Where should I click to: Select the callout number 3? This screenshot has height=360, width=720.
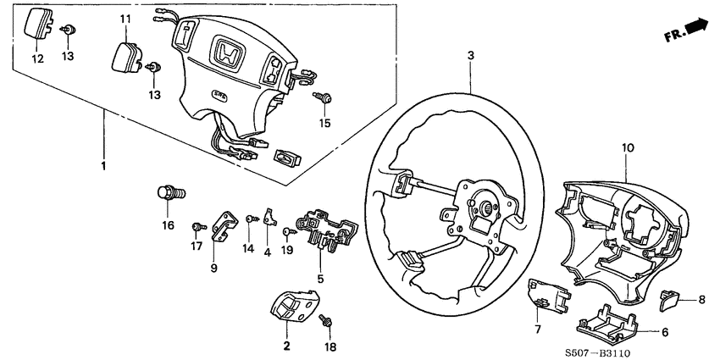[x=469, y=56]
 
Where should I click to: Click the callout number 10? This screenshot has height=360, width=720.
[x=628, y=147]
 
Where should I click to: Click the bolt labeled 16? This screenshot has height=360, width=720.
[x=166, y=192]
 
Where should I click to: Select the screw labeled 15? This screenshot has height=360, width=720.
[x=323, y=100]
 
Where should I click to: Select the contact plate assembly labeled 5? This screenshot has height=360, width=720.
[x=325, y=232]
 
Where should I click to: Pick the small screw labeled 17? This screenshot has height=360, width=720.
[x=197, y=226]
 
